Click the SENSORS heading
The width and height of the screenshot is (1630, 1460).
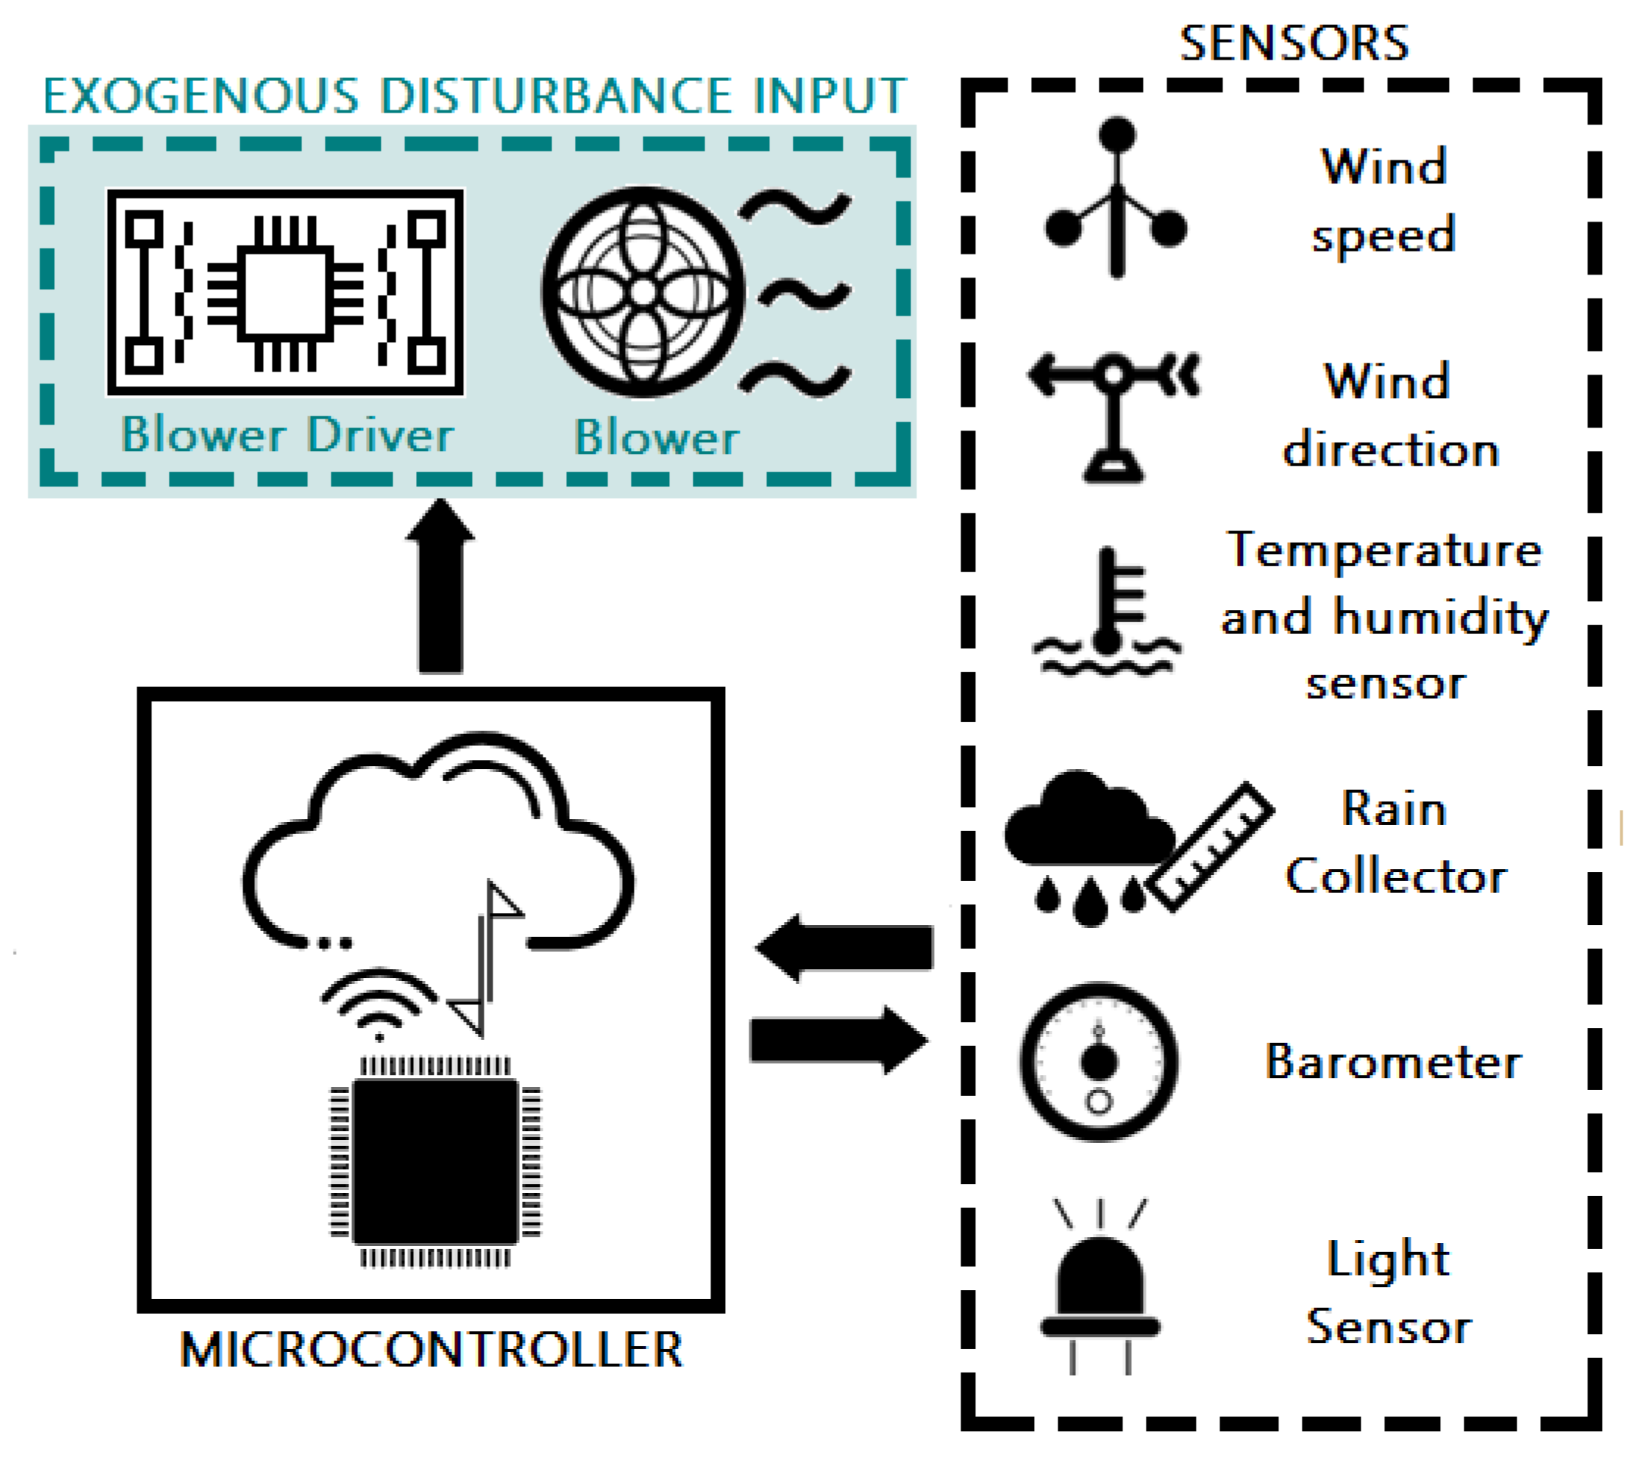1293,43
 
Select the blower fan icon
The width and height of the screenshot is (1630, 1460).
642,292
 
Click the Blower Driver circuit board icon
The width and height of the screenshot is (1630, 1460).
286,292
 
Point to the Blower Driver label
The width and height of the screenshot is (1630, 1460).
287,436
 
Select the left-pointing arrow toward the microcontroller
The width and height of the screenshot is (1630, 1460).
846,947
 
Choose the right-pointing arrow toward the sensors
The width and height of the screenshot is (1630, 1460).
839,1040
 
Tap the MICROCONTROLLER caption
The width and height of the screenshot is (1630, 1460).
431,1350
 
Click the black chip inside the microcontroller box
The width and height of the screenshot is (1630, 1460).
435,1160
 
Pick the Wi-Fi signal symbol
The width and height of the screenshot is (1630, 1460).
379,1003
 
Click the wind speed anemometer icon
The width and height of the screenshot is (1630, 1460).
1117,201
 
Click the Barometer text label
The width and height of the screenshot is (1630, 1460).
1393,1062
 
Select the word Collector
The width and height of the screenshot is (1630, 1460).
1396,876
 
